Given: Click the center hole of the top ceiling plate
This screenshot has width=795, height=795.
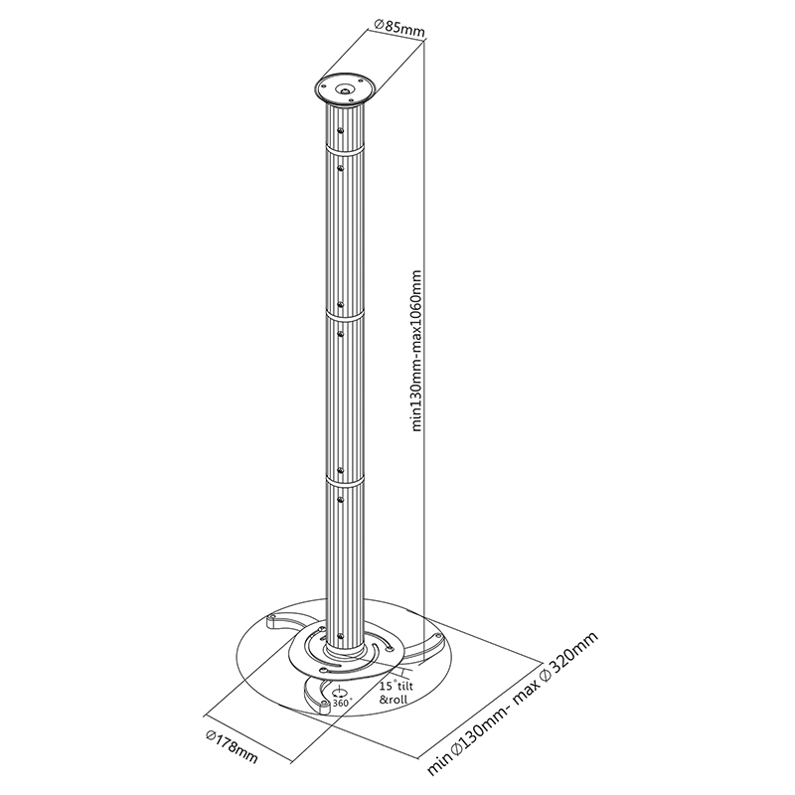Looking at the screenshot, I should (344, 88).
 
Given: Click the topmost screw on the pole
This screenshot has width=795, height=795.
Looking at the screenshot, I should (341, 129).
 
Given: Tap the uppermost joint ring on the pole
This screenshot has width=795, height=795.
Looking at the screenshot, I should (344, 152).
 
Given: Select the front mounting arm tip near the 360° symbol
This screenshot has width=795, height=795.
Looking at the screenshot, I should (323, 707).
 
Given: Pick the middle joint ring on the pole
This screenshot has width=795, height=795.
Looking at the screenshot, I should (344, 316).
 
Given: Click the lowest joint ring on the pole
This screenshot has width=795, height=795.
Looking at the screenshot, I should (344, 480).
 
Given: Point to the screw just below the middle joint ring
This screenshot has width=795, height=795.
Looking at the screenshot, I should (341, 335).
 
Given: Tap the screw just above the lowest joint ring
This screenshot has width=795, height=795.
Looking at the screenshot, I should (341, 469).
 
